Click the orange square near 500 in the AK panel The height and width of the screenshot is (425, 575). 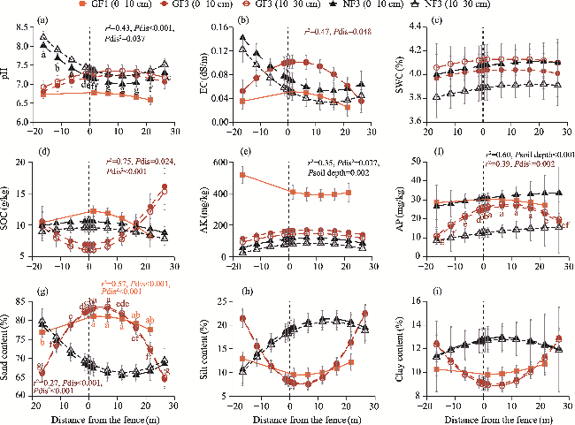coord(243,175)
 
